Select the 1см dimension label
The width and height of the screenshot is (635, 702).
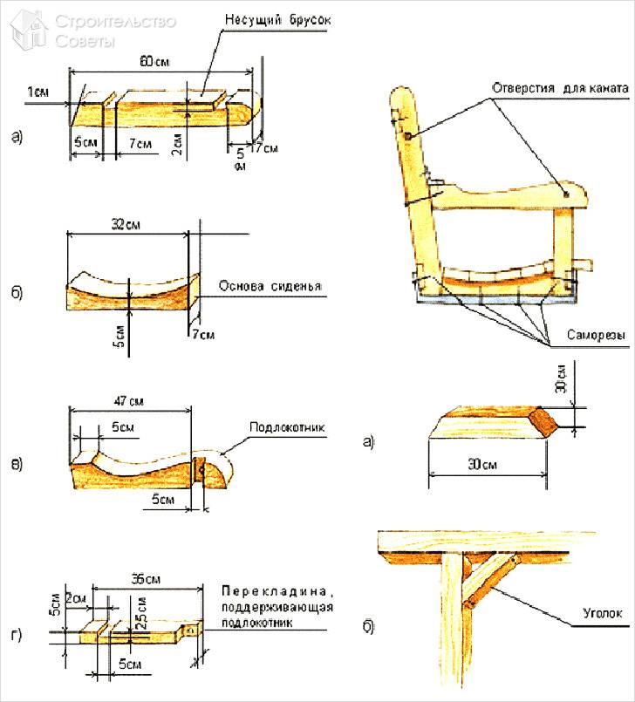pyautogui.click(x=38, y=92)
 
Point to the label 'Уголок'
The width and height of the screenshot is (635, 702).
pyautogui.click(x=602, y=614)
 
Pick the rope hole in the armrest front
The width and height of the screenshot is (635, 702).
pyautogui.click(x=567, y=191)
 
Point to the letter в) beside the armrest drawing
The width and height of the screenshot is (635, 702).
pyautogui.click(x=15, y=463)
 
